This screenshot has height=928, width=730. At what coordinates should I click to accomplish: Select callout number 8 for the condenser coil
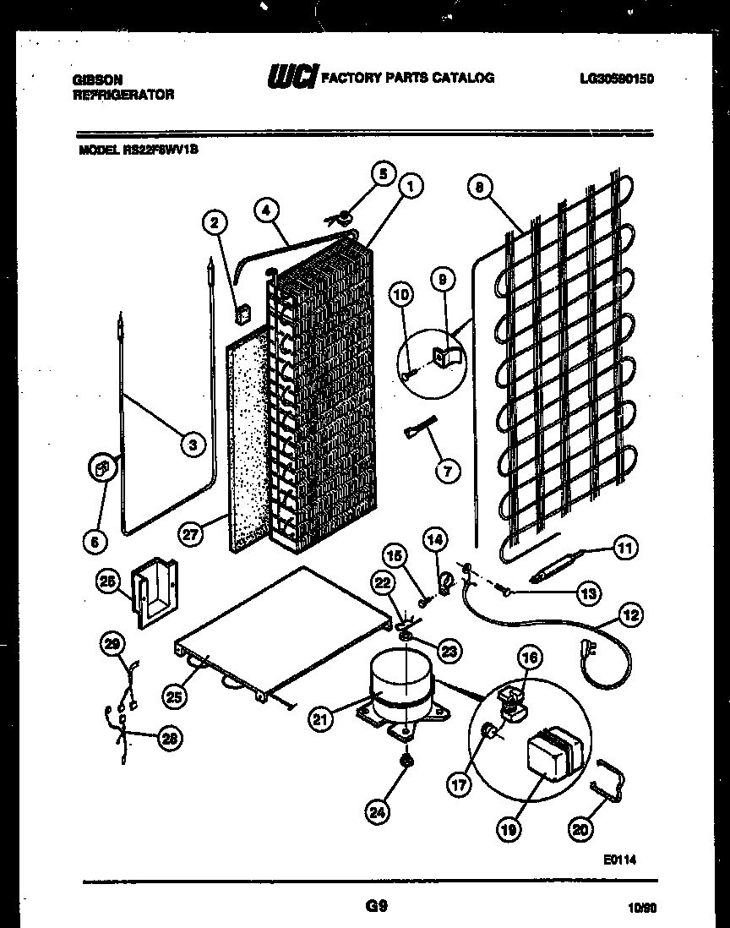(x=480, y=188)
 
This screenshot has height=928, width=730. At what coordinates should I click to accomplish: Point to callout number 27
(x=191, y=533)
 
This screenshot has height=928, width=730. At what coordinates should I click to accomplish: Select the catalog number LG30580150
(x=617, y=79)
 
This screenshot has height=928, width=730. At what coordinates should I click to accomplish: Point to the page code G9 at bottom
(x=376, y=907)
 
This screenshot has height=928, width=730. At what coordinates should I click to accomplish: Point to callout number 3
(x=193, y=442)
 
